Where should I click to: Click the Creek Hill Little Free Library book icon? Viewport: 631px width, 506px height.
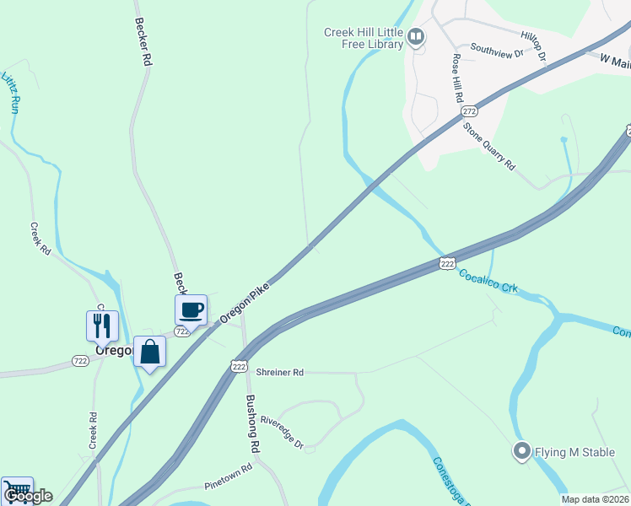[x=415, y=36]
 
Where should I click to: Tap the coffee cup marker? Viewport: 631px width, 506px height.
[x=191, y=310]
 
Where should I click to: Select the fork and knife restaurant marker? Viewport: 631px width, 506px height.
[x=102, y=325]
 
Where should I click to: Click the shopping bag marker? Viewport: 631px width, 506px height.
[x=149, y=351]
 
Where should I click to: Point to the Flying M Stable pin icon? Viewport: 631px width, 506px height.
[x=521, y=452]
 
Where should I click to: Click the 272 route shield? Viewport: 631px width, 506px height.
[x=470, y=110]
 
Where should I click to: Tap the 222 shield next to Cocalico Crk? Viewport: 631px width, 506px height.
[x=447, y=264]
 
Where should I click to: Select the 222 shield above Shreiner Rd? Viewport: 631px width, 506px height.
[x=239, y=365]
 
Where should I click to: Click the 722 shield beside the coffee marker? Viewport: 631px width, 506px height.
[x=181, y=331]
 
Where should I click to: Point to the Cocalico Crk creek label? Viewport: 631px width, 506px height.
[x=488, y=281]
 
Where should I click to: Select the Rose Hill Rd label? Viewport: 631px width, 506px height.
[x=457, y=78]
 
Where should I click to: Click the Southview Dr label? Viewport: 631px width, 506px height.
[x=497, y=51]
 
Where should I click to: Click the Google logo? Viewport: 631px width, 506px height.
[x=28, y=496]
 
